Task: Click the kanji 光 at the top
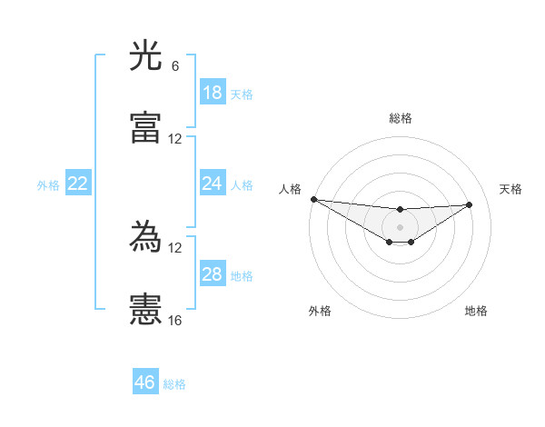(146, 57)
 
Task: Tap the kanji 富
(146, 128)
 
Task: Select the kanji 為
(146, 239)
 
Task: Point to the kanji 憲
(146, 310)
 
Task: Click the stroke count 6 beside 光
(175, 66)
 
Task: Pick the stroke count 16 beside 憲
(175, 320)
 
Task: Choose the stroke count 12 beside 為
(175, 248)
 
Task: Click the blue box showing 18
(213, 93)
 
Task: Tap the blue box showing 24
(213, 184)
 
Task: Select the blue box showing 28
(213, 274)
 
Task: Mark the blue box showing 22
(78, 184)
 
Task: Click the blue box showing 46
(145, 382)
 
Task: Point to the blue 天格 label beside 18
(242, 94)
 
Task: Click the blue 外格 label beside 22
(48, 184)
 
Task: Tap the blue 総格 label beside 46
(174, 383)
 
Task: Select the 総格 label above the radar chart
(401, 118)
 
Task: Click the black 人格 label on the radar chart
(290, 189)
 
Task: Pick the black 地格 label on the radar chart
(476, 311)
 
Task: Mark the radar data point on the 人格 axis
(313, 199)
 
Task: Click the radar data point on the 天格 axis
(470, 204)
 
